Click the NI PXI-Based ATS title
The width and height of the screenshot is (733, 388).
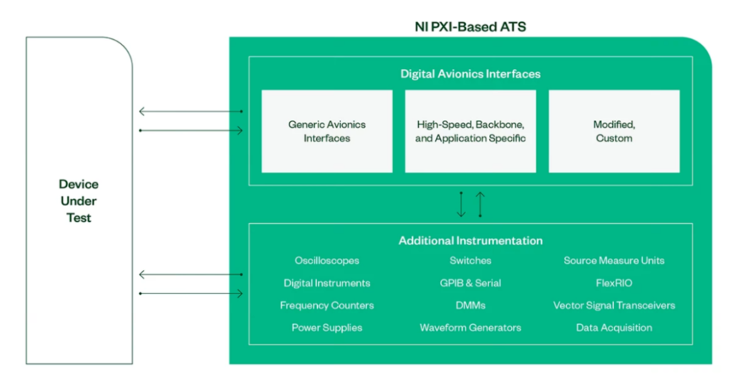470,27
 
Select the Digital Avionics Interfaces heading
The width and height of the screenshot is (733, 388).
470,74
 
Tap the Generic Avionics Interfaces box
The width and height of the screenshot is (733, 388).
327,131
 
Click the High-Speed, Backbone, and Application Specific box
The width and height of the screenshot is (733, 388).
471,131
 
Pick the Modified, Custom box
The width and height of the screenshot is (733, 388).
614,131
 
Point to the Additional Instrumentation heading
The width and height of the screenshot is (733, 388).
470,241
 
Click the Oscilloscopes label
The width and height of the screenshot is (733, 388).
327,261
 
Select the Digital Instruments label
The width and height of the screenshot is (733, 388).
327,283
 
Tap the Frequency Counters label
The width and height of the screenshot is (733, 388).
327,306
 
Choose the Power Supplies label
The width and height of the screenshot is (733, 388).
327,328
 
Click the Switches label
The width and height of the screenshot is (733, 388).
470,261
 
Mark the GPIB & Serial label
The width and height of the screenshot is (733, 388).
470,283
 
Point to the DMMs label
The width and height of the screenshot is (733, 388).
470,306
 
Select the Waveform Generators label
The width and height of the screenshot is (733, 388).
470,328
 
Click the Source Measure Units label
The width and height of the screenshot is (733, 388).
614,261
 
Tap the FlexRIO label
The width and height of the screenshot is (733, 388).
614,283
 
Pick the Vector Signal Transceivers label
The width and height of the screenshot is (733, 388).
614,306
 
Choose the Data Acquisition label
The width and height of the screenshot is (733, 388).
614,328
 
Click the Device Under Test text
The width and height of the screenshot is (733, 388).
78,201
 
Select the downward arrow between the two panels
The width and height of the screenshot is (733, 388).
461,204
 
